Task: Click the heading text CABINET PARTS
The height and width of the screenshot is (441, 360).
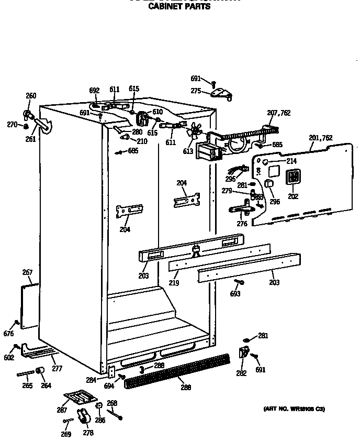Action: [179, 7]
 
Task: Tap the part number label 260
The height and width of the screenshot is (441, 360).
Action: [31, 95]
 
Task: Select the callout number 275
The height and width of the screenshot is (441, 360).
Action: [196, 91]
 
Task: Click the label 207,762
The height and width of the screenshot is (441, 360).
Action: [279, 113]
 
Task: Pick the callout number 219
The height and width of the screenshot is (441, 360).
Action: [174, 283]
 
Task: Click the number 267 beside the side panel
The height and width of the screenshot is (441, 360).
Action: [27, 272]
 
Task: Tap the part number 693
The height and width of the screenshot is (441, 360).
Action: [235, 294]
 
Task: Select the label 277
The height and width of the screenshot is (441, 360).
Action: [57, 369]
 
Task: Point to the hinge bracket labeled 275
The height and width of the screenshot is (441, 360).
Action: [221, 94]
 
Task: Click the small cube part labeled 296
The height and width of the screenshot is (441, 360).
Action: [269, 184]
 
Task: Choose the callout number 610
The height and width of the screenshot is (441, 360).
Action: [157, 112]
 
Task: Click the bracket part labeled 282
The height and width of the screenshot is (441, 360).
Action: [243, 353]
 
